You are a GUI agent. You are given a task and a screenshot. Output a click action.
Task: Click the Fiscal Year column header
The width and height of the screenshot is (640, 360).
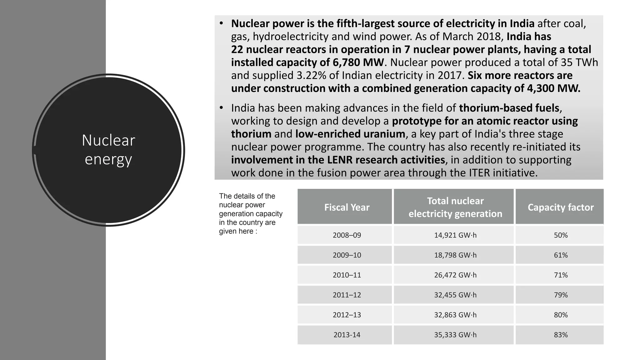pyautogui.click(x=347, y=207)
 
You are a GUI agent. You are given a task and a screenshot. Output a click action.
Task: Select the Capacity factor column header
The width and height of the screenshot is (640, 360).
pyautogui.click(x=561, y=207)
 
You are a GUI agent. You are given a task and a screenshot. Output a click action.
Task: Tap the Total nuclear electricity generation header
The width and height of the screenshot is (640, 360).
pyautogui.click(x=455, y=207)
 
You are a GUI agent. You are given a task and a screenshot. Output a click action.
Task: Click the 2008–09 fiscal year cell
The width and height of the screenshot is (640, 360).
pyautogui.click(x=347, y=235)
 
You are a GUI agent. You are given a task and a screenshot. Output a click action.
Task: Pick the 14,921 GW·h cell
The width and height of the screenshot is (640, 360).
pyautogui.click(x=455, y=235)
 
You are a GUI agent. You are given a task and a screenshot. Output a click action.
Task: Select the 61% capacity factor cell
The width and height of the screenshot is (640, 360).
pyautogui.click(x=561, y=255)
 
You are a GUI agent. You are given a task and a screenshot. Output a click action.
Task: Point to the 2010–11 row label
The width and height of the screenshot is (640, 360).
pyautogui.click(x=347, y=275)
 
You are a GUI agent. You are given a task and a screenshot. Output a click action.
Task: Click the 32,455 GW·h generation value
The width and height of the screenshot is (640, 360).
pyautogui.click(x=455, y=295)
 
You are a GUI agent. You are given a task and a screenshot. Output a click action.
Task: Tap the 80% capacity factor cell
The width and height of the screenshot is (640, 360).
pyautogui.click(x=561, y=315)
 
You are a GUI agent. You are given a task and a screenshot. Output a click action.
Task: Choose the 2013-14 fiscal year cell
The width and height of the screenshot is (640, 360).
pyautogui.click(x=347, y=335)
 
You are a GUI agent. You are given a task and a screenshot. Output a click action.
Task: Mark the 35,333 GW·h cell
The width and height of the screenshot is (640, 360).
pyautogui.click(x=455, y=335)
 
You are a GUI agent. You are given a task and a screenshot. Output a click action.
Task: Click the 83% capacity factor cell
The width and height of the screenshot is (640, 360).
pyautogui.click(x=561, y=335)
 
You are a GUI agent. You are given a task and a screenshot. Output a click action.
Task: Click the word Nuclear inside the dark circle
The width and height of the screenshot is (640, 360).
pyautogui.click(x=108, y=140)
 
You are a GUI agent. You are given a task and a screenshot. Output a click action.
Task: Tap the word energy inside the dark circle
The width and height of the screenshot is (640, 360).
pyautogui.click(x=108, y=159)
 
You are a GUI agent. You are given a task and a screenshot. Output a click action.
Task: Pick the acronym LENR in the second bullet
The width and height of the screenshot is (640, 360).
pyautogui.click(x=340, y=160)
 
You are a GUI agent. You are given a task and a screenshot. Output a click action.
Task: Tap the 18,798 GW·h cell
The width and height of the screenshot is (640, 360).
pyautogui.click(x=455, y=255)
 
